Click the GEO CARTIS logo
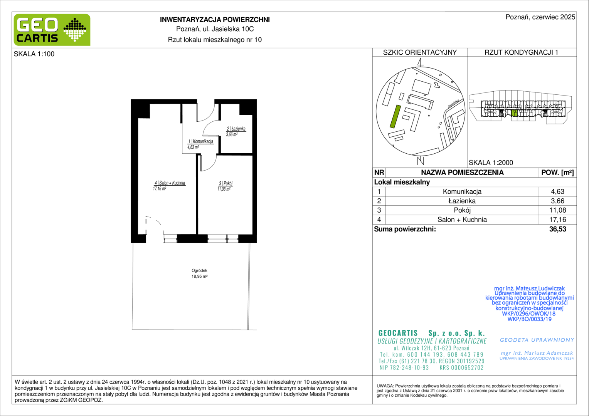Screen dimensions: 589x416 52,30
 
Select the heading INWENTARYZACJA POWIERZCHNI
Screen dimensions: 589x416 215,20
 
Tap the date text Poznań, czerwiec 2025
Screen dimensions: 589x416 540,17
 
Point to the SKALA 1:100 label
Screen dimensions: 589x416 34,54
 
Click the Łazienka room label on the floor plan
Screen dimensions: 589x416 236,129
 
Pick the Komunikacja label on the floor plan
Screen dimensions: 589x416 200,141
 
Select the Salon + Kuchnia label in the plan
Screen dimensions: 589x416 170,183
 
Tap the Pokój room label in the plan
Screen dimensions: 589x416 226,183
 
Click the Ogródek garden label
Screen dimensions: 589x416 199,270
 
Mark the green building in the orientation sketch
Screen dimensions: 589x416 395,116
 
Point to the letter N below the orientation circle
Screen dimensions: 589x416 421,160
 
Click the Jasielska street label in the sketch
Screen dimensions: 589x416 454,104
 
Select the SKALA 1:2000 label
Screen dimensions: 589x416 491,163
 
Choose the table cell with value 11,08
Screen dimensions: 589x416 558,210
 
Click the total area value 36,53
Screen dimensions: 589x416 558,229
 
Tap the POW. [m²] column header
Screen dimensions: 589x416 557,173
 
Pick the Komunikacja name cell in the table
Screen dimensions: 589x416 462,191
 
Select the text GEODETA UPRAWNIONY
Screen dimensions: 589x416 537,340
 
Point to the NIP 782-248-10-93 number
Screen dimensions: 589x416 404,367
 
